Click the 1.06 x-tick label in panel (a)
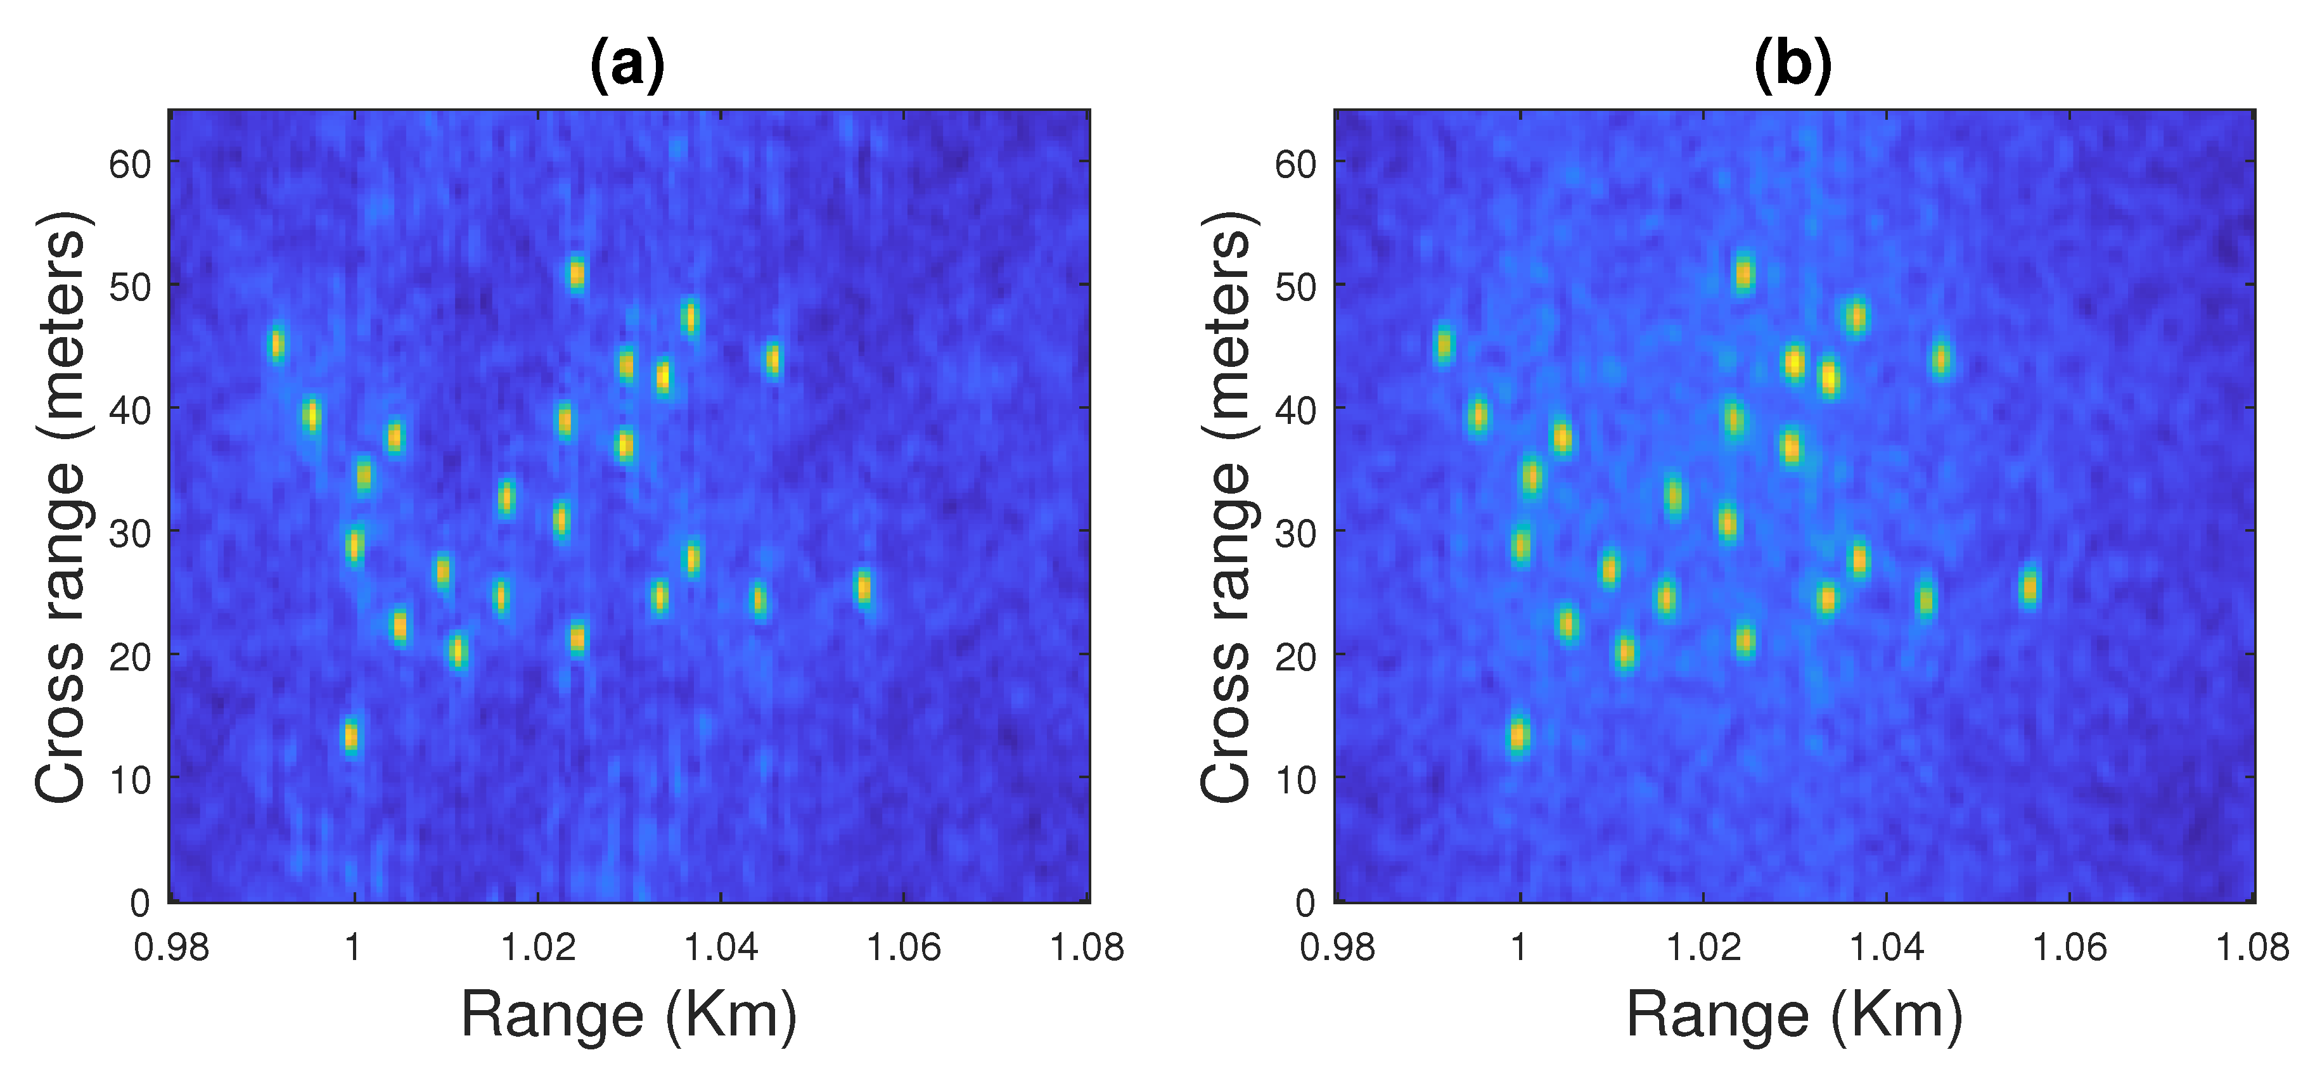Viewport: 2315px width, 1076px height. point(903,947)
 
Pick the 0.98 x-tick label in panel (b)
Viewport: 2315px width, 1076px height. point(1337,947)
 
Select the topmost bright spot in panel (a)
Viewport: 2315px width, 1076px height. point(577,273)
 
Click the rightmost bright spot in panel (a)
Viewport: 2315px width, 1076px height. point(863,588)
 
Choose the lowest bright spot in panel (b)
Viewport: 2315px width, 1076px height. point(1518,735)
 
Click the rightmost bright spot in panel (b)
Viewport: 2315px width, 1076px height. point(2029,588)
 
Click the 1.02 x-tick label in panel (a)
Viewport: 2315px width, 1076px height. point(537,947)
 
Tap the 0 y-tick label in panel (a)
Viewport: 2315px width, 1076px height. point(139,902)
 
